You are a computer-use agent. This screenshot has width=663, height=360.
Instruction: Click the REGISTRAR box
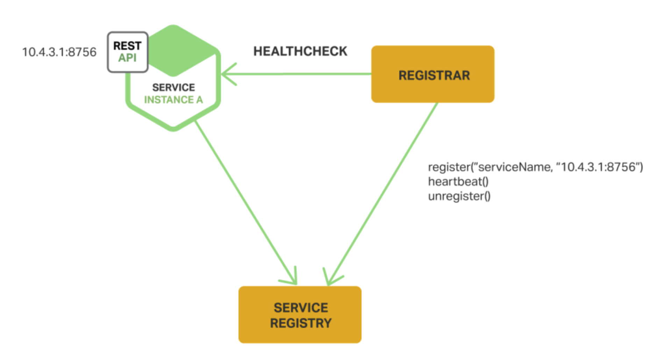[x=433, y=74]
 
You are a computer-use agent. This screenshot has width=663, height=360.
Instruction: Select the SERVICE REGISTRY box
[x=300, y=315]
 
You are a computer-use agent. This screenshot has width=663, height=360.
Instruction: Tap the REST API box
[x=128, y=52]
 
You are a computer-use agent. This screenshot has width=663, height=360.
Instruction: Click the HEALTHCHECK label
[x=300, y=51]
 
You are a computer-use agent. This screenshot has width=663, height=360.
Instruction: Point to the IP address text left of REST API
[x=59, y=52]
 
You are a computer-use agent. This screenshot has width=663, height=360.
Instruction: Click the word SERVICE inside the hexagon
[x=173, y=87]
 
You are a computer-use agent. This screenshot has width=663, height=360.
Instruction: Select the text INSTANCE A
[x=173, y=100]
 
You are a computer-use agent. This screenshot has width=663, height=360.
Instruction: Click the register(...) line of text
[x=535, y=167]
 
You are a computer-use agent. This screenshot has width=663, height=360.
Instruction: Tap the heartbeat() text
[x=458, y=182]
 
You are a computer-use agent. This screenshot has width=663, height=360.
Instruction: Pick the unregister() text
[x=459, y=196]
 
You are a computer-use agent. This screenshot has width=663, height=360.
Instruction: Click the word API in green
[x=127, y=58]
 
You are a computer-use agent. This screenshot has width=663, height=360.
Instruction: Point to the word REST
[x=127, y=46]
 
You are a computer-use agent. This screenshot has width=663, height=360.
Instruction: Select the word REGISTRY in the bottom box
[x=301, y=323]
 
